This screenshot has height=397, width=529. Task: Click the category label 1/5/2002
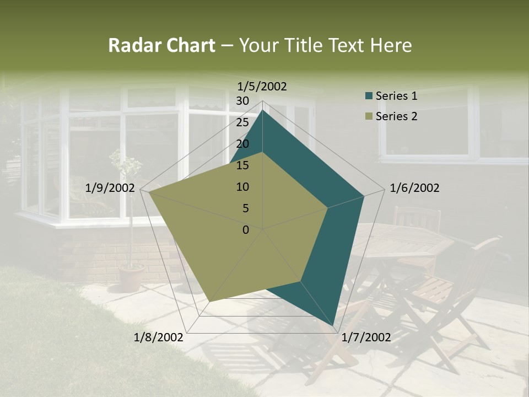click(x=262, y=86)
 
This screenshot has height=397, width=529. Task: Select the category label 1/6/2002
click(x=414, y=188)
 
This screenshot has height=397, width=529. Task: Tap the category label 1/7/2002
click(x=366, y=337)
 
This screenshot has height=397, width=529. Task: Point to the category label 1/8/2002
click(x=159, y=337)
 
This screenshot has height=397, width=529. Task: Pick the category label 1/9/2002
click(x=110, y=188)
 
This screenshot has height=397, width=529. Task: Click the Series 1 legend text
click(x=396, y=96)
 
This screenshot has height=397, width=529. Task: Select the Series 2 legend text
click(x=396, y=116)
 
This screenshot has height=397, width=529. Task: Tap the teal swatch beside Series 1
click(x=369, y=96)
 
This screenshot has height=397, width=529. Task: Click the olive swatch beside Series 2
click(x=369, y=117)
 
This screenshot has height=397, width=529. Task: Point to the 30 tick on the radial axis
click(x=242, y=101)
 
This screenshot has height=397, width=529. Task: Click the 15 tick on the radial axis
click(x=242, y=165)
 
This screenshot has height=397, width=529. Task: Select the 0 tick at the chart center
click(x=246, y=230)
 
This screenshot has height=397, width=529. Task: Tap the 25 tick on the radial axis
click(x=242, y=122)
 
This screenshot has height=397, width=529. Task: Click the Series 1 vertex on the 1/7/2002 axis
click(x=334, y=326)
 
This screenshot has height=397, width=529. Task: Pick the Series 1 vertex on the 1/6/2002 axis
click(x=364, y=196)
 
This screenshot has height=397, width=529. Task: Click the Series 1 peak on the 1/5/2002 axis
click(x=263, y=110)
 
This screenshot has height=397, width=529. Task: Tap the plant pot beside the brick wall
click(x=131, y=278)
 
